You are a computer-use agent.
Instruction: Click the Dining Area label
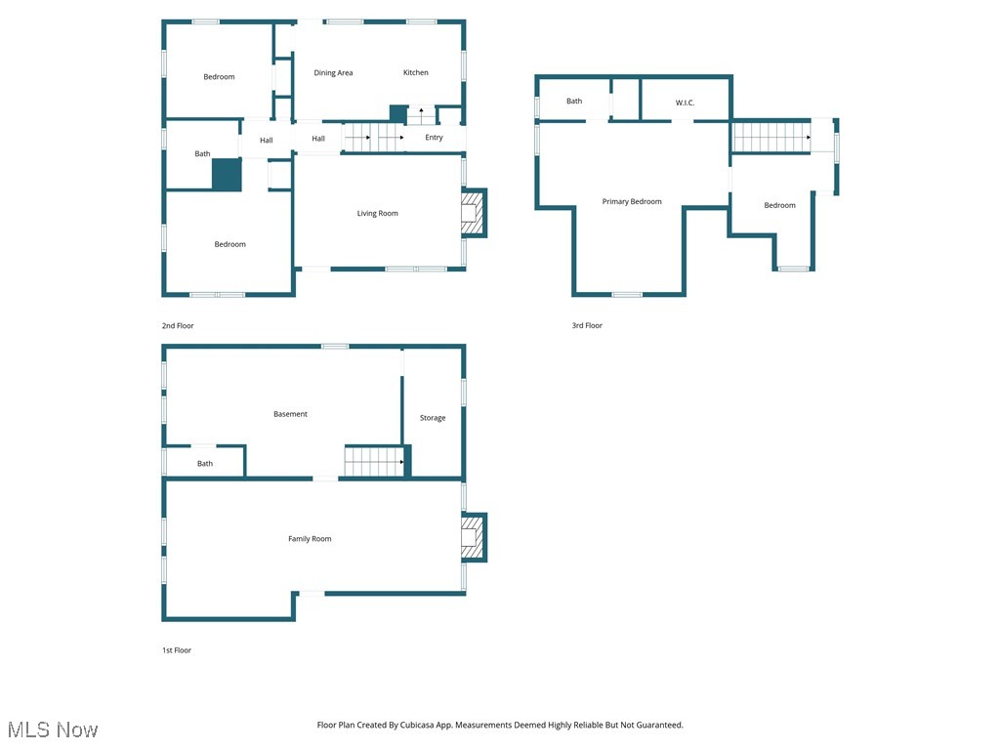[x=333, y=72]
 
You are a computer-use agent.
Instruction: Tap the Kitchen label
[x=416, y=72]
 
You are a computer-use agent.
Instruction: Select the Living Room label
[x=377, y=213]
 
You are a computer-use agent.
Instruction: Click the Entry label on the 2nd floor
[x=434, y=138]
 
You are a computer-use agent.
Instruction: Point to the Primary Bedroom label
[x=632, y=202]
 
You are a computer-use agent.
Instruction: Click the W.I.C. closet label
[x=685, y=102]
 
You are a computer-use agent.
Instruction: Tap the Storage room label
[x=433, y=418]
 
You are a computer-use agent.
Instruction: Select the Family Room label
[x=310, y=539]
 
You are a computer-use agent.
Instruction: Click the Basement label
[x=290, y=414]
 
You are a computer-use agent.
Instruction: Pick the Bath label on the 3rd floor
[x=574, y=101]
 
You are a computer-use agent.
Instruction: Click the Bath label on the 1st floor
[x=205, y=464]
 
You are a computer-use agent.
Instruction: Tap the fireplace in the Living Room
[x=473, y=213]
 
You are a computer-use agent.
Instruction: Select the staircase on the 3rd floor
[x=771, y=137]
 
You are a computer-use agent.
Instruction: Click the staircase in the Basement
[x=374, y=462]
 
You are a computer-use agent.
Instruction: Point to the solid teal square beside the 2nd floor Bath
[x=227, y=175]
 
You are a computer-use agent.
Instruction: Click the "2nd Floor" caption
[x=178, y=325]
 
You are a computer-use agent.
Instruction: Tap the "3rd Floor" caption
[x=587, y=325]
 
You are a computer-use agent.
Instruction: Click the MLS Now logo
[x=53, y=729]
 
